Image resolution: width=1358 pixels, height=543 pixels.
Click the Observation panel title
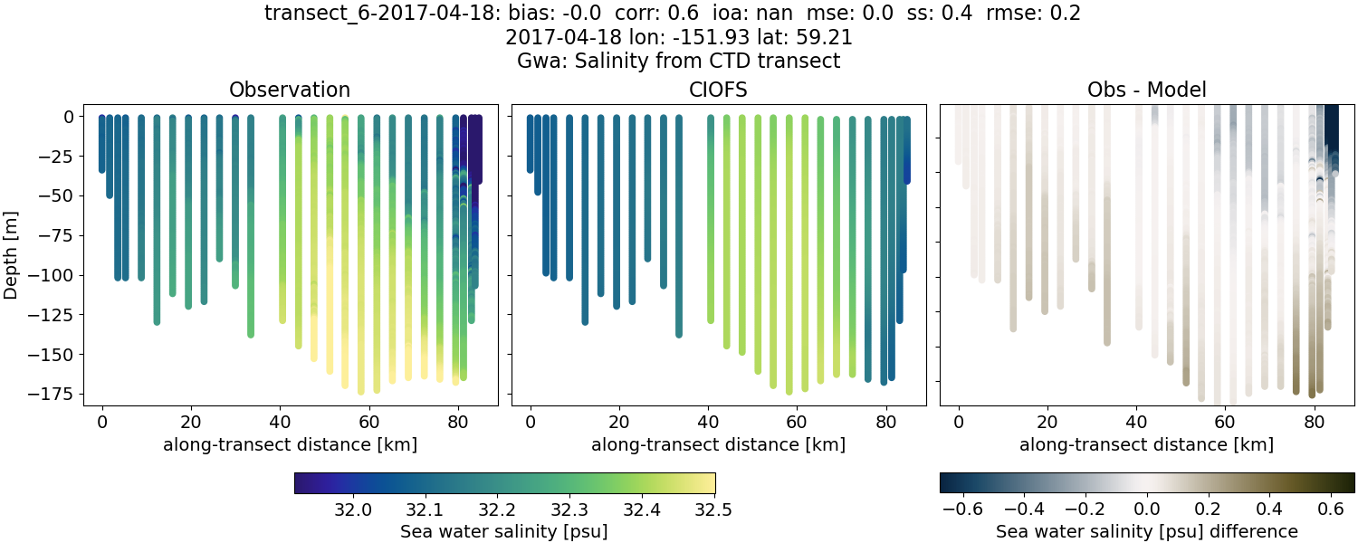coord(289,90)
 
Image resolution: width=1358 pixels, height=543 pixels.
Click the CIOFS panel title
coord(718,90)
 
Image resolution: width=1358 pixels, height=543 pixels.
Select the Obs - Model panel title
coord(1146,90)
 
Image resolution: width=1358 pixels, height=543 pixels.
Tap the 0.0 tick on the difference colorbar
coord(1147,510)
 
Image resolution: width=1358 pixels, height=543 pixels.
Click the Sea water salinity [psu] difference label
coord(1146,531)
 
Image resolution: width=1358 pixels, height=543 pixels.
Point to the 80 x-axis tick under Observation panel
coord(457,422)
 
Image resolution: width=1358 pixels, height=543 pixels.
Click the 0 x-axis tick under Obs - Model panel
coord(959,422)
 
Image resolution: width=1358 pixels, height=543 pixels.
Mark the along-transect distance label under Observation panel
coord(290,444)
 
